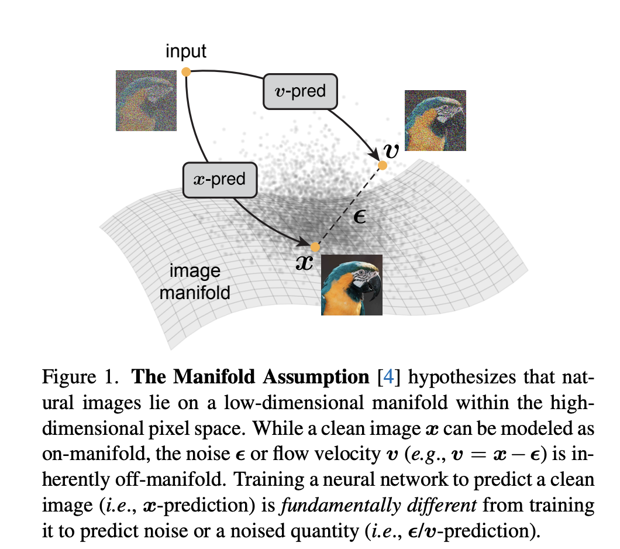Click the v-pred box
tap(300, 91)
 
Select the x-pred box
tap(220, 179)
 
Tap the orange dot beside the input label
tap(186, 72)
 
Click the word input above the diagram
tap(186, 52)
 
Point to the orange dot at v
tap(383, 166)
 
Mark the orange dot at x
tap(315, 246)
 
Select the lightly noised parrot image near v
tap(435, 121)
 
